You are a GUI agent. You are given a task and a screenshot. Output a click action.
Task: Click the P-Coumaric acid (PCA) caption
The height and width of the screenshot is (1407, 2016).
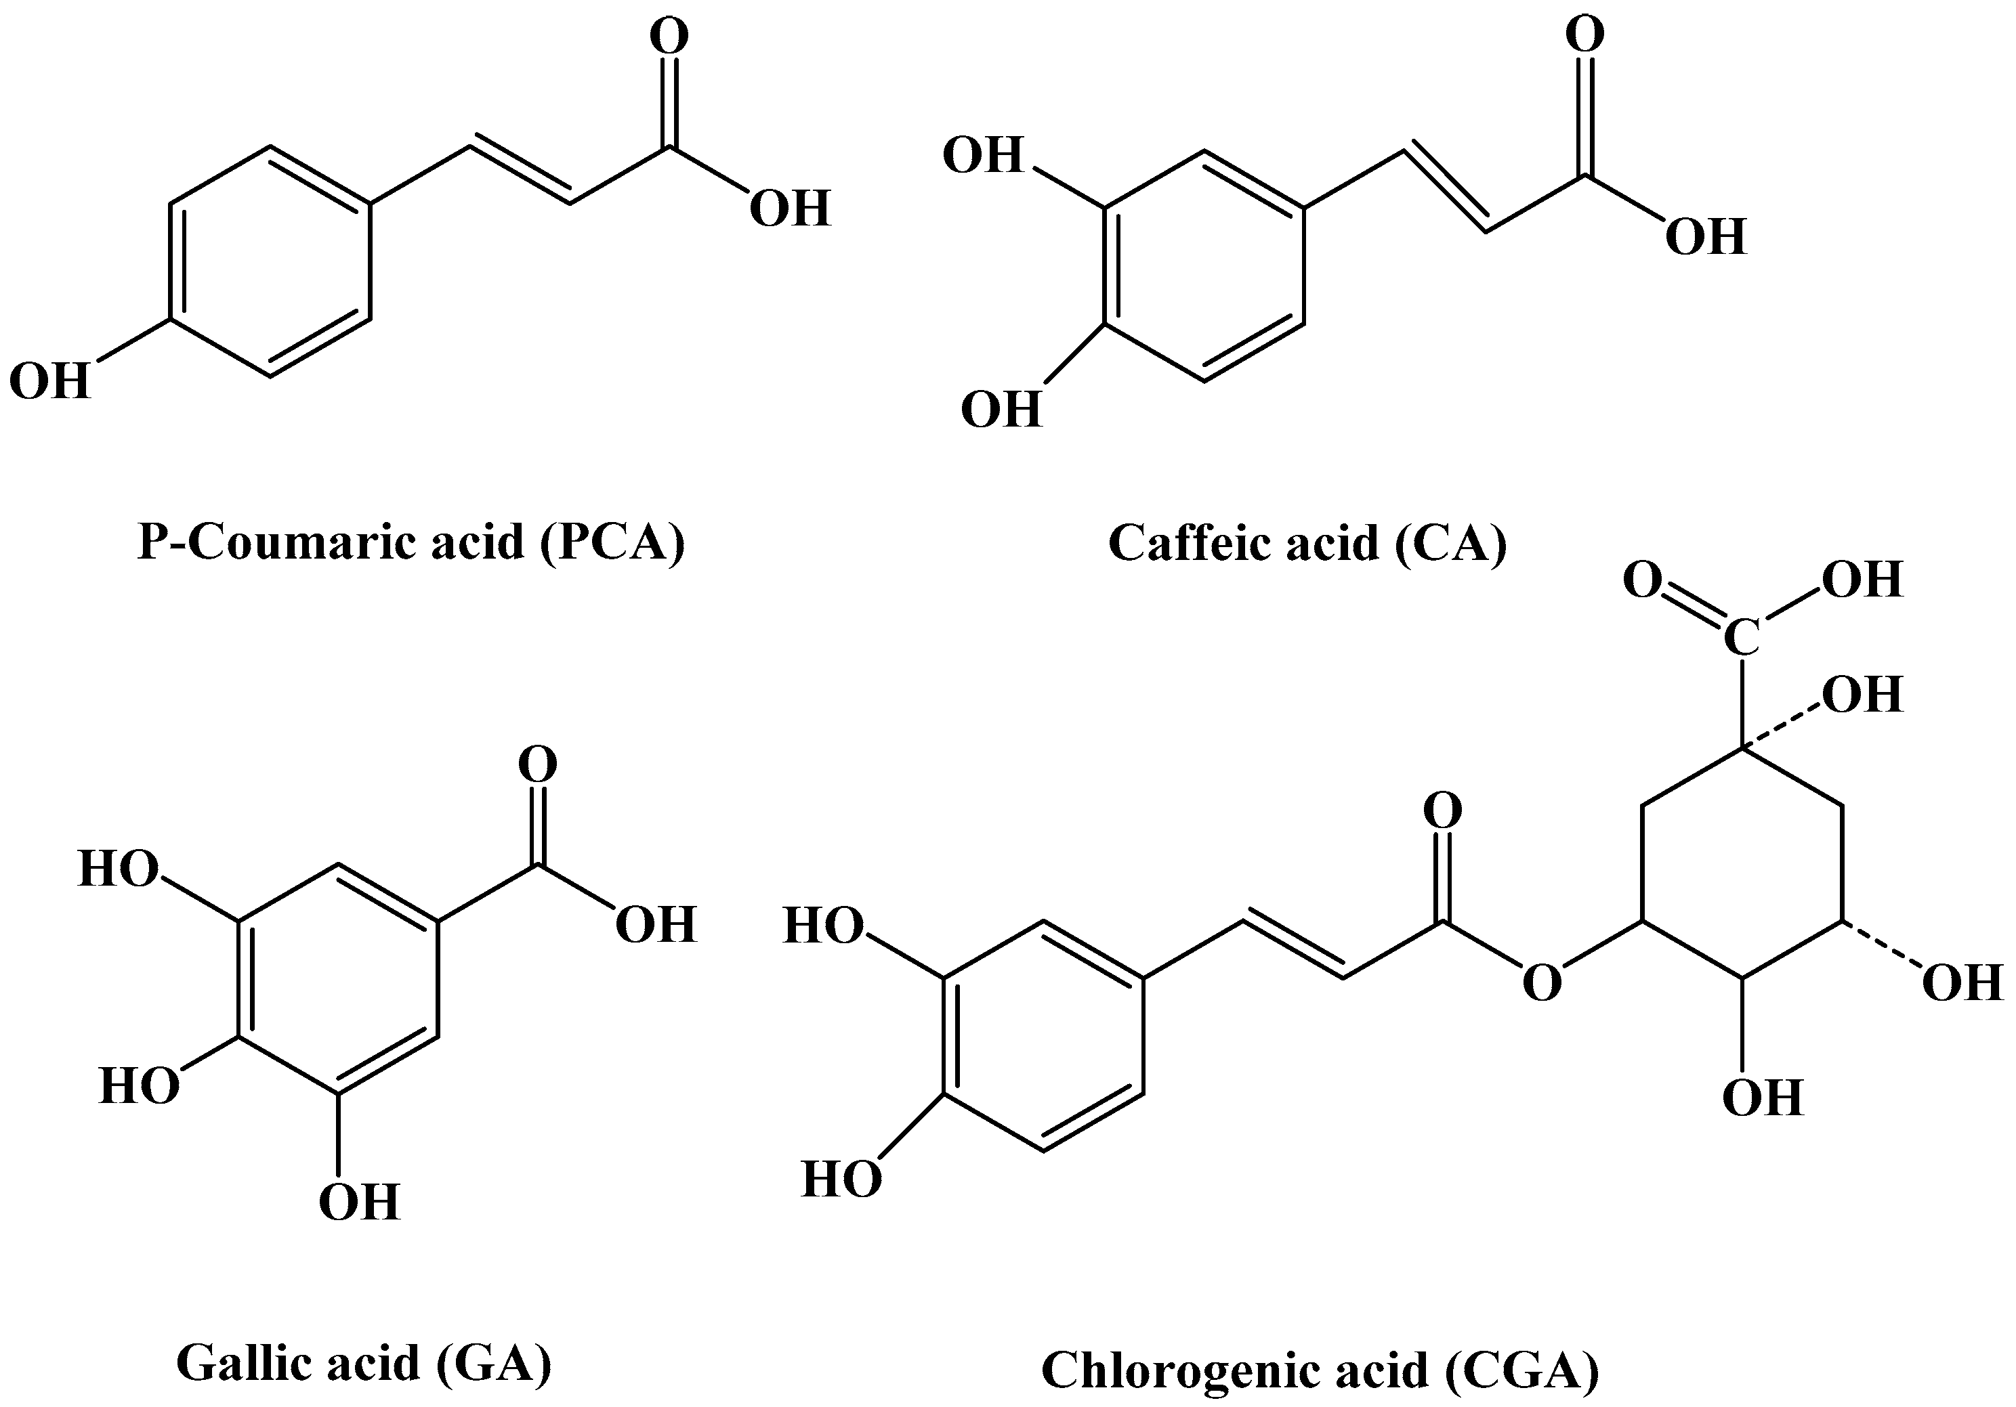pyautogui.click(x=411, y=542)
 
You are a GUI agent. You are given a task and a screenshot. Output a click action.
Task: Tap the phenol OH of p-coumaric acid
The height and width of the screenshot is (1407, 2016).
pyautogui.click(x=50, y=382)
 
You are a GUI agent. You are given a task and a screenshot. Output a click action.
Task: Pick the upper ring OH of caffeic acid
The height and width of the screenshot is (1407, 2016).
pyautogui.click(x=984, y=155)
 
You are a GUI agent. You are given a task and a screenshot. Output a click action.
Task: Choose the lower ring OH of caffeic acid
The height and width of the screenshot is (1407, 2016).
pyautogui.click(x=1001, y=410)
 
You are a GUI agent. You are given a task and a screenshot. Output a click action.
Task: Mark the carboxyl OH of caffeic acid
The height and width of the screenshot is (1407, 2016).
pyautogui.click(x=1705, y=237)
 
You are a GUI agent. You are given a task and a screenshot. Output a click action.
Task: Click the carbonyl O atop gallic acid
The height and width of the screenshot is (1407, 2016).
pyautogui.click(x=537, y=764)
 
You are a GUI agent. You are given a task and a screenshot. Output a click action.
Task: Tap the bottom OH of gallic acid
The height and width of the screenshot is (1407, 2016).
pyautogui.click(x=359, y=1203)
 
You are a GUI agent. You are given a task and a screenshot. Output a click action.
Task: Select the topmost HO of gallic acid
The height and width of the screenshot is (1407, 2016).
pyautogui.click(x=119, y=869)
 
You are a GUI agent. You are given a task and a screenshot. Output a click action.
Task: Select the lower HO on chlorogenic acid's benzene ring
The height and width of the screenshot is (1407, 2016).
pyautogui.click(x=841, y=1179)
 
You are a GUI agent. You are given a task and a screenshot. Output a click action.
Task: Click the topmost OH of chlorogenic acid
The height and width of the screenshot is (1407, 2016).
pyautogui.click(x=1862, y=580)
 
